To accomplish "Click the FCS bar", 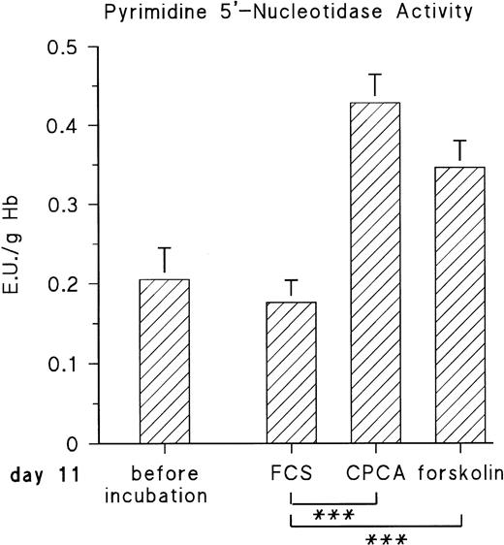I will point(292,372).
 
